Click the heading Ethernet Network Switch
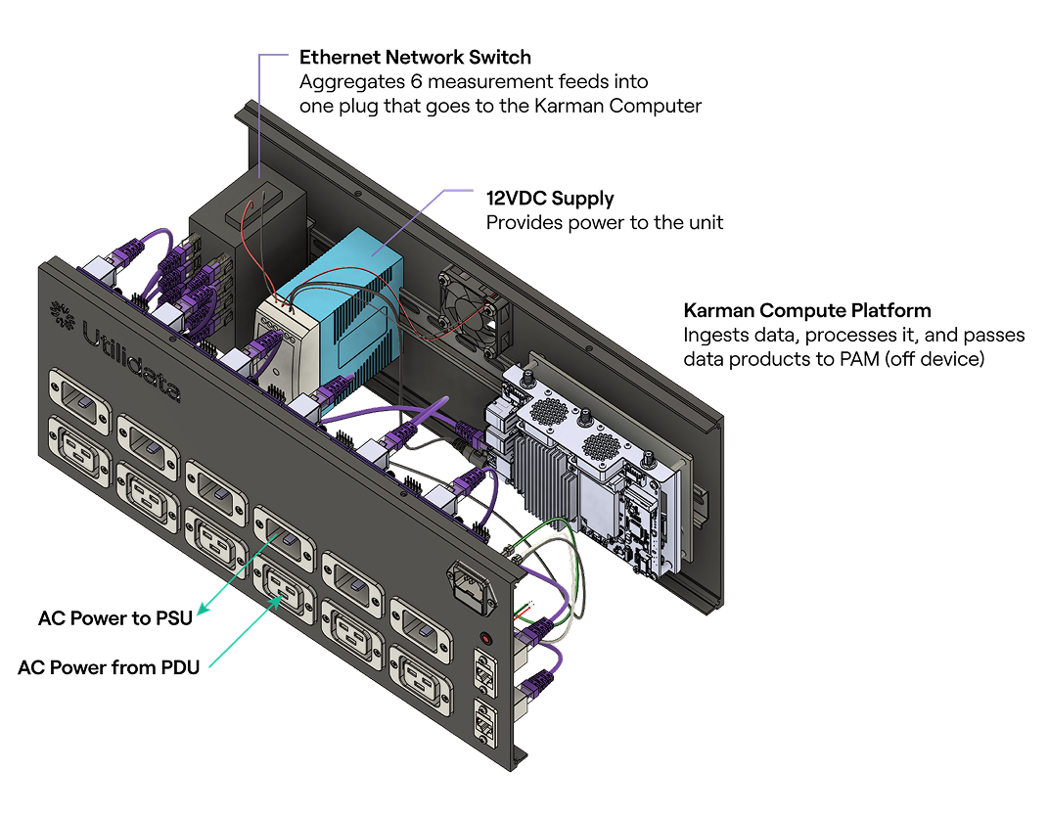[415, 58]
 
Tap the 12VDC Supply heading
[550, 199]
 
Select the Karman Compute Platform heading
[807, 310]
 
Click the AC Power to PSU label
[115, 618]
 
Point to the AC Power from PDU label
[109, 667]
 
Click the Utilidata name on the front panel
[131, 361]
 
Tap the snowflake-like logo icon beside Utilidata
[63, 315]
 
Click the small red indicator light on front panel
[485, 638]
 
